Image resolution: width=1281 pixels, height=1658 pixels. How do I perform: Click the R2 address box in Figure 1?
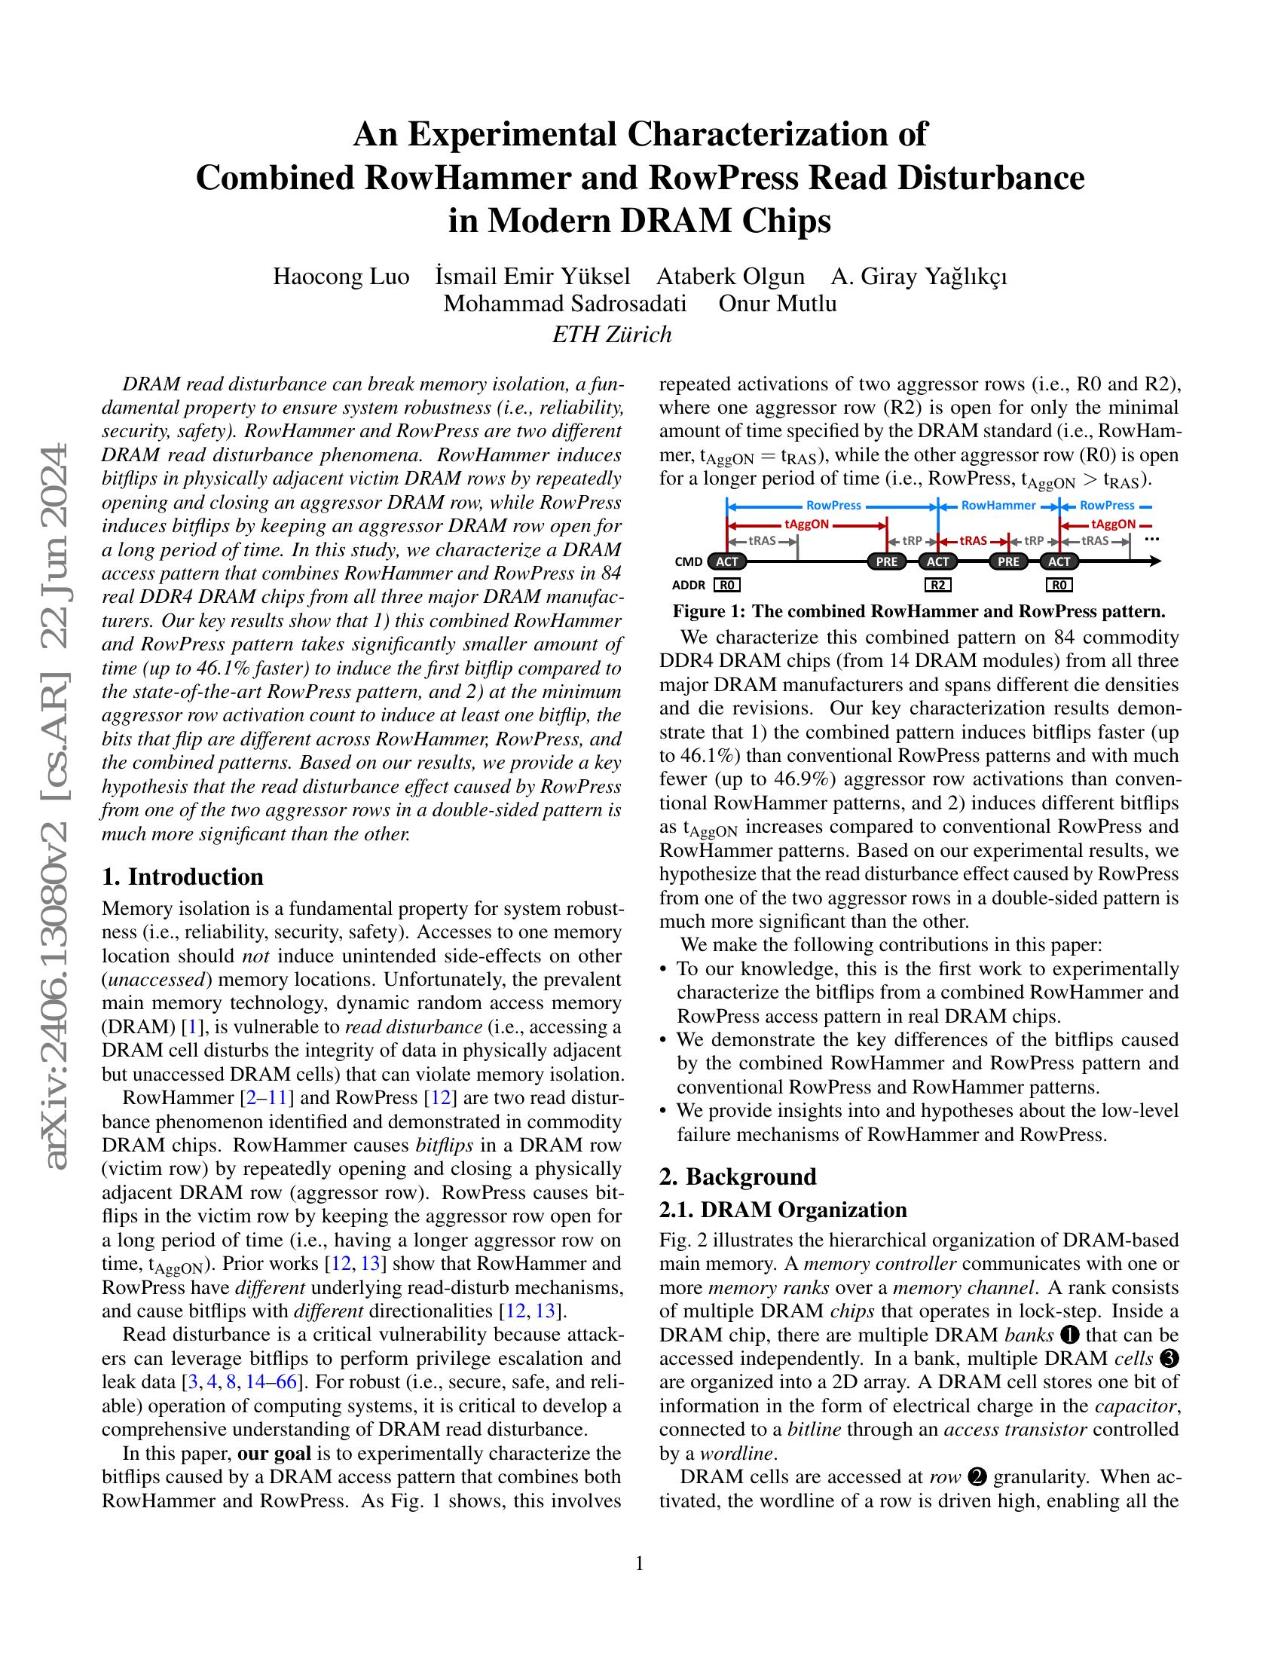pyautogui.click(x=938, y=585)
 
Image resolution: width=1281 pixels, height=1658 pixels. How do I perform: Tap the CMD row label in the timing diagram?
pyautogui.click(x=686, y=562)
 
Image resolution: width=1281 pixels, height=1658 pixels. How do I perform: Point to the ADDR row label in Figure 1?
pyautogui.click(x=688, y=586)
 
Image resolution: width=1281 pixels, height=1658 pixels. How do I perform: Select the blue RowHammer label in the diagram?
pyautogui.click(x=998, y=505)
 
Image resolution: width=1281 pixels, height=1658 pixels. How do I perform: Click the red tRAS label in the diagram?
pyautogui.click(x=973, y=541)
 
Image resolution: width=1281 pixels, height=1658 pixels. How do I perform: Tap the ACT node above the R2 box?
pyautogui.click(x=938, y=561)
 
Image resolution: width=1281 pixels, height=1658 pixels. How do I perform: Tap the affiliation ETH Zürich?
pyautogui.click(x=612, y=334)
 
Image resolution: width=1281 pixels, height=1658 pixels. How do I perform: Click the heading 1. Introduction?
pyautogui.click(x=182, y=876)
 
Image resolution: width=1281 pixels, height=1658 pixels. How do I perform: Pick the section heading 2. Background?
pyautogui.click(x=738, y=1176)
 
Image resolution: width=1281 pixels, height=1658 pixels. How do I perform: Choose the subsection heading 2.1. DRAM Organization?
pyautogui.click(x=783, y=1210)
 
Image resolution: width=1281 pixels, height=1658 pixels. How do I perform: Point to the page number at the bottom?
pyautogui.click(x=639, y=1563)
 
